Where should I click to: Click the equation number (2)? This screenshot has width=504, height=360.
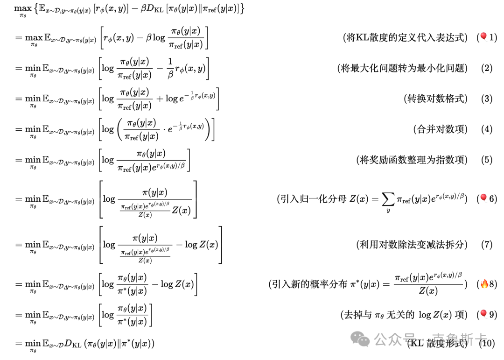point(487,68)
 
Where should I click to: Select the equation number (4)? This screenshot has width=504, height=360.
point(487,129)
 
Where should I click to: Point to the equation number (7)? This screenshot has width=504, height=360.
point(487,244)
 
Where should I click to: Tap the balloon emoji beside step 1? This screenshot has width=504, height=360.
point(483,37)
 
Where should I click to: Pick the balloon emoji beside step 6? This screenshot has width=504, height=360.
point(483,198)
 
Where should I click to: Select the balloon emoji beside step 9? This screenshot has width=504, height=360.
point(483,314)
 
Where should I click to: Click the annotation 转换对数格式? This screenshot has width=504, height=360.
point(435,99)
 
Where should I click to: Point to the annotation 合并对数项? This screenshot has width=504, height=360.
point(440,129)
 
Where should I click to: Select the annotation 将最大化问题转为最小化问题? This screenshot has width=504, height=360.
point(402,68)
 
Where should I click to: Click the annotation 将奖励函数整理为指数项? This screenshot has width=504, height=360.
point(411,160)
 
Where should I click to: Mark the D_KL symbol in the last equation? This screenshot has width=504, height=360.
point(73,344)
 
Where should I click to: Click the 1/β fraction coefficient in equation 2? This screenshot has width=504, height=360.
point(170,68)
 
